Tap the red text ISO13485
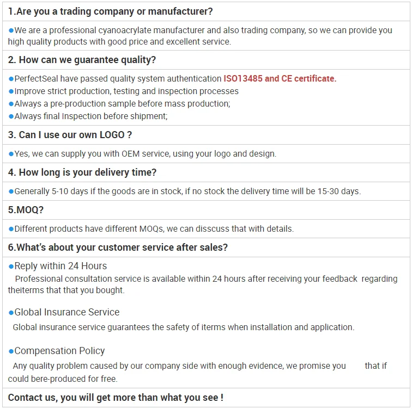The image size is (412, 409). point(243,79)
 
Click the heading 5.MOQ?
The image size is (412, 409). point(26,210)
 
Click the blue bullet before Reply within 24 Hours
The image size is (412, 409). point(11,266)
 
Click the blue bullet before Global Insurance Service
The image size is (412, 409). point(11,312)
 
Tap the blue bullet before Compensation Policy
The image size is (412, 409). point(11,351)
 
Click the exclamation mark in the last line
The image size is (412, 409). point(222,398)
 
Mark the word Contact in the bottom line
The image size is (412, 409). point(23,398)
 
